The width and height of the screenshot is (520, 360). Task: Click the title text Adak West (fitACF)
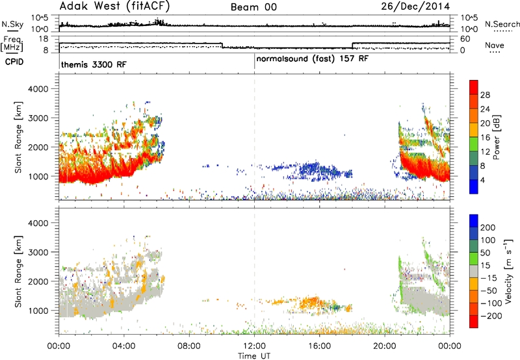(114, 6)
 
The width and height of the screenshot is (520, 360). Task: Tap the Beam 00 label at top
(253, 7)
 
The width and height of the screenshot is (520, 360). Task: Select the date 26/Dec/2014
(415, 6)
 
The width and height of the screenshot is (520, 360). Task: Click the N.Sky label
(12, 24)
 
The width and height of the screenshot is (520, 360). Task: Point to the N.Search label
(502, 24)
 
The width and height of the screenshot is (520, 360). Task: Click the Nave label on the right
(495, 45)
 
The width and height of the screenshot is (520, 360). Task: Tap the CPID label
(14, 62)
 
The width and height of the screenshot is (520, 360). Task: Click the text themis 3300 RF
(94, 64)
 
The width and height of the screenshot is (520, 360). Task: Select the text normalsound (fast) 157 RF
(313, 59)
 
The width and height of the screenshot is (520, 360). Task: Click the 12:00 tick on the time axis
(254, 346)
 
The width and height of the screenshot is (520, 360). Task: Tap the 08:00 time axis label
(189, 346)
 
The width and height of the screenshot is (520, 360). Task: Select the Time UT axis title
(254, 355)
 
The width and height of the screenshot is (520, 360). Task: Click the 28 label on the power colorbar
(485, 95)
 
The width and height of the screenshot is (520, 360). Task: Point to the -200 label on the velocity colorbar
(489, 316)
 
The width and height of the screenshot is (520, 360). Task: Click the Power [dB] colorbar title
(496, 137)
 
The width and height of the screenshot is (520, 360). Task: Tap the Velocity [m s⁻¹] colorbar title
(508, 270)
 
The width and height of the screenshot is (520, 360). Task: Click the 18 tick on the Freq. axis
(44, 39)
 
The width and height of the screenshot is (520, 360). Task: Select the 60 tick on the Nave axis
(465, 39)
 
